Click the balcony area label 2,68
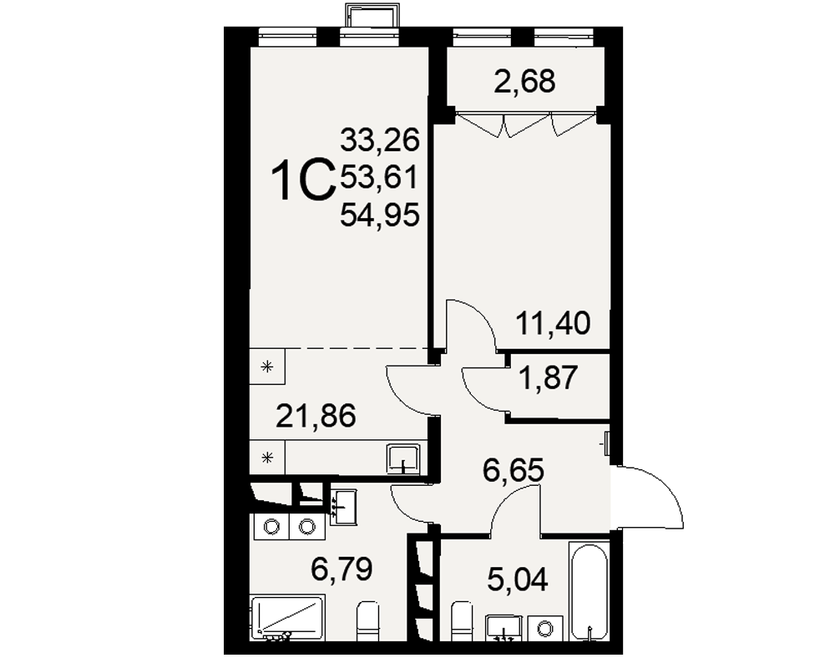click(x=524, y=82)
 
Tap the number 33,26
click(x=380, y=140)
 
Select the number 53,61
click(x=379, y=177)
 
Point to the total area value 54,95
click(x=380, y=215)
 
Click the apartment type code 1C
click(x=302, y=181)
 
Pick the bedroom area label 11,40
click(x=554, y=323)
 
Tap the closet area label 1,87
click(x=549, y=377)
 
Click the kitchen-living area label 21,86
click(x=316, y=416)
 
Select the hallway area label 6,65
click(x=514, y=470)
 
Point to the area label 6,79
click(x=342, y=569)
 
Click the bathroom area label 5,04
click(x=517, y=579)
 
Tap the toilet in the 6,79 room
click(x=367, y=621)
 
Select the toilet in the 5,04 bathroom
click(x=462, y=621)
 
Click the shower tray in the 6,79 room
click(x=287, y=618)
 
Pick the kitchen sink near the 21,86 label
click(x=403, y=458)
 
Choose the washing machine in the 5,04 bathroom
click(x=545, y=628)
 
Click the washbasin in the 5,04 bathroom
click(x=504, y=628)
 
